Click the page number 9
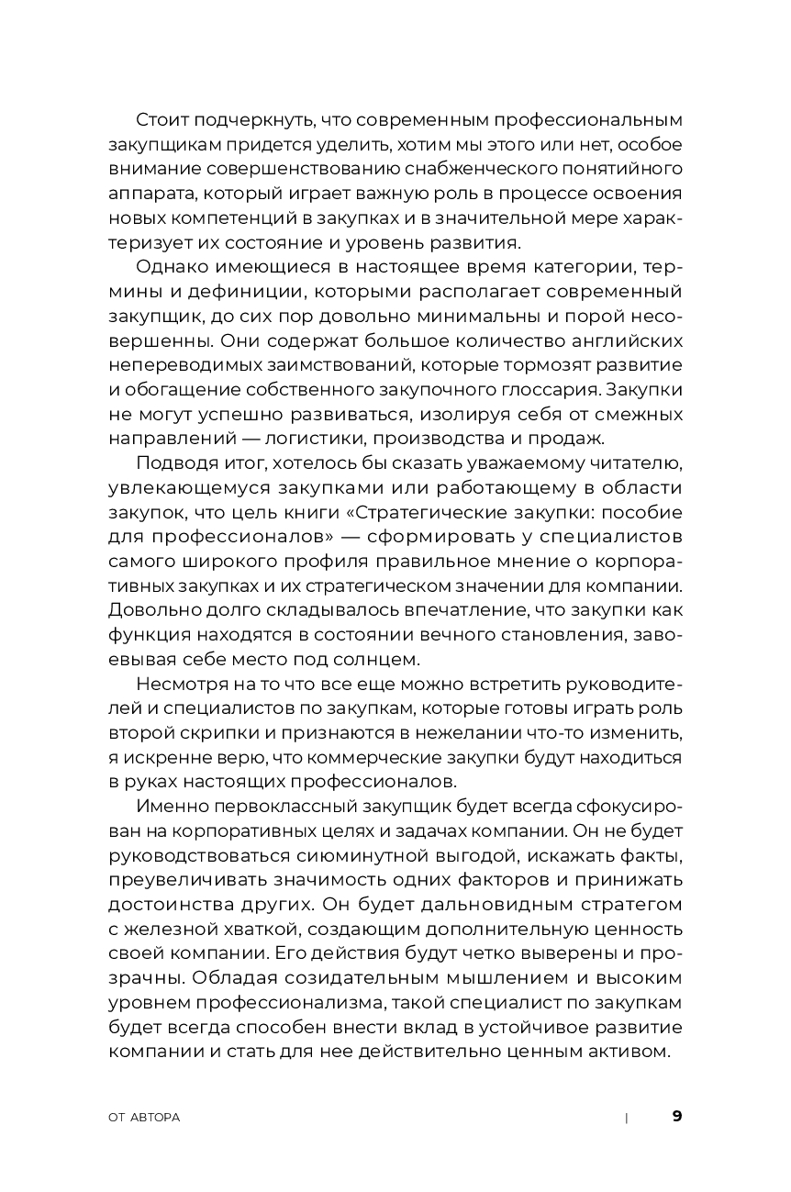[677, 1117]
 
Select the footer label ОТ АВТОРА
[144, 1118]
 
